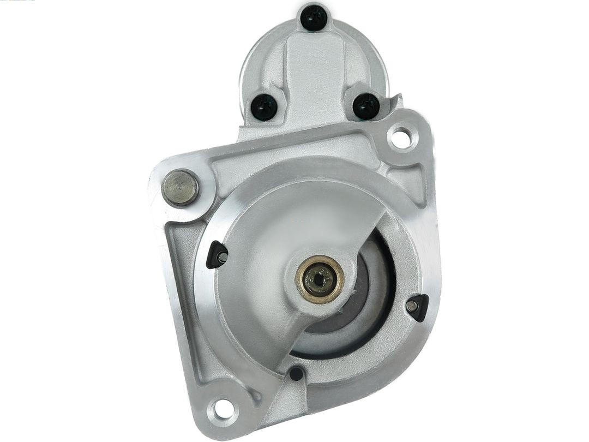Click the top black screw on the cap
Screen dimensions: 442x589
(314, 19)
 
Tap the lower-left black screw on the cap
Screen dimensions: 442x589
(265, 106)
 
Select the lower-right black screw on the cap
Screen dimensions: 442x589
(366, 105)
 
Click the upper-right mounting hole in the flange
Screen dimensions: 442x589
(401, 139)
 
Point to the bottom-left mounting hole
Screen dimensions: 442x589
(223, 407)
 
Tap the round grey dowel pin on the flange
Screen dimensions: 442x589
(180, 188)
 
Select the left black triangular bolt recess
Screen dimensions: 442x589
(217, 254)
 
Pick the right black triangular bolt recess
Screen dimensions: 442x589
(418, 307)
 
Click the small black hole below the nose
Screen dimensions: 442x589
(296, 374)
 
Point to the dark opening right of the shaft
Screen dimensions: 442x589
(376, 273)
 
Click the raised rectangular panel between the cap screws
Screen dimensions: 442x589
(314, 71)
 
